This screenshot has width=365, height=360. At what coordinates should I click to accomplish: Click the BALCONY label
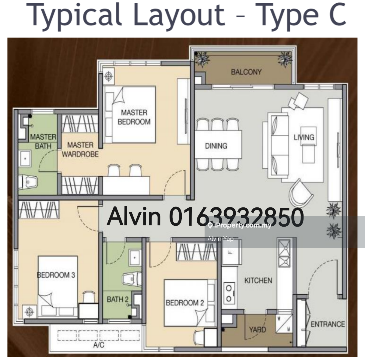[246, 72]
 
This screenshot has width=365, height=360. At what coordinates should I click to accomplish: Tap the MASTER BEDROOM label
[134, 117]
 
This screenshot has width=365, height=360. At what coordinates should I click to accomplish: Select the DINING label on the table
[216, 146]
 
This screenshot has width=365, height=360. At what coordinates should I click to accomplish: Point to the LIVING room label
[304, 137]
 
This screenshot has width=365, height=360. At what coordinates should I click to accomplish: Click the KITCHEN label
[258, 281]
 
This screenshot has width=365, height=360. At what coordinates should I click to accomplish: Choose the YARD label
[258, 330]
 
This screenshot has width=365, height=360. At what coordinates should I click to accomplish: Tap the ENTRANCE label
[328, 324]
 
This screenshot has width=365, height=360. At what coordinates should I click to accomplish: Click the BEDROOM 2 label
[185, 303]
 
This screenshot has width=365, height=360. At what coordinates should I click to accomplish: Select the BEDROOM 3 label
[56, 275]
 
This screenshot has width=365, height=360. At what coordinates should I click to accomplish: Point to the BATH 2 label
[118, 299]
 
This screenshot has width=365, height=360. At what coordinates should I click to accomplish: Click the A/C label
[99, 345]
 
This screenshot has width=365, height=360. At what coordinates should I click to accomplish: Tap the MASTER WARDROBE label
[80, 150]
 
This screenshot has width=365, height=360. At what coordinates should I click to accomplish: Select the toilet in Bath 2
[132, 279]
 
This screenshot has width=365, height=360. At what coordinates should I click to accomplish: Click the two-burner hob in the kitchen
[229, 294]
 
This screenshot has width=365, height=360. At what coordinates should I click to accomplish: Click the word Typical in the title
[74, 15]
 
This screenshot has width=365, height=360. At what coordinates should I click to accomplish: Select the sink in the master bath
[25, 159]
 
